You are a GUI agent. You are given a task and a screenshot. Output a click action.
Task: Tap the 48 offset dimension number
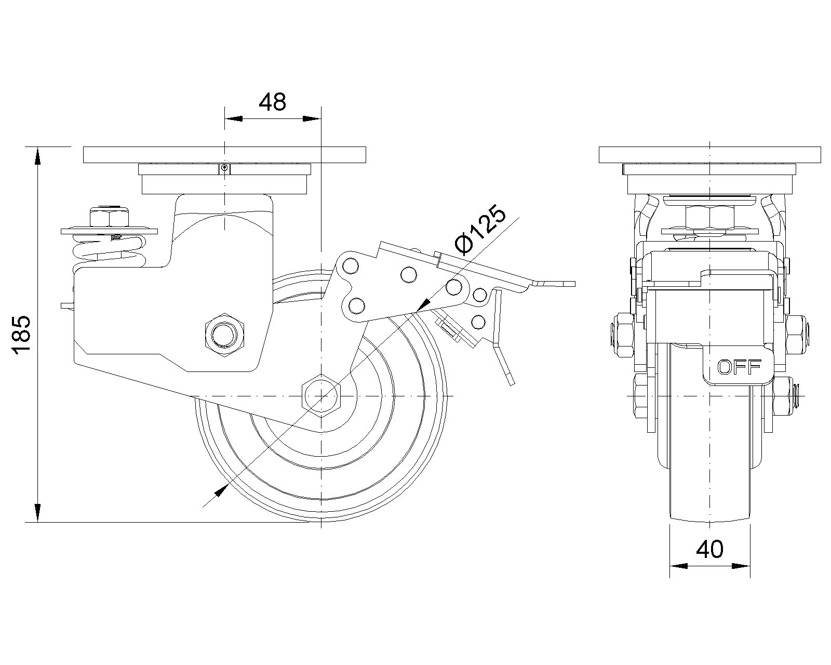272,102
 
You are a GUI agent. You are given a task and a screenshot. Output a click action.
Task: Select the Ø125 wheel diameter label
480,230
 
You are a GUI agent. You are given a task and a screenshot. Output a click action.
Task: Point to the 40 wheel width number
710,549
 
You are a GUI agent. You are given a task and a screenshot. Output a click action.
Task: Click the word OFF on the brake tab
739,367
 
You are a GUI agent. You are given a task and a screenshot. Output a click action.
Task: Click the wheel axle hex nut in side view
321,395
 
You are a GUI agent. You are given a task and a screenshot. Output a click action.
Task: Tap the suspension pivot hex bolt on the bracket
224,335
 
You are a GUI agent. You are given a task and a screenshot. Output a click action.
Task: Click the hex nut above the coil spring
109,217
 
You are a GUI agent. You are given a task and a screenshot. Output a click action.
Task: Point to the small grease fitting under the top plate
224,169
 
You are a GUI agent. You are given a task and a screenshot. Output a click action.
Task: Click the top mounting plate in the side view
224,155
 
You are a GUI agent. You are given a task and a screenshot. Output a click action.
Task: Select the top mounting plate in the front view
710,155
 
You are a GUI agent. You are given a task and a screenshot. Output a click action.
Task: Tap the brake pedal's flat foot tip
555,284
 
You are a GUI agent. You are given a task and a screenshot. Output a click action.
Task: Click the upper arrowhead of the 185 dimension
37,156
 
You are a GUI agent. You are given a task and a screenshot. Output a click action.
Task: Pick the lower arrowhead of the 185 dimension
37,513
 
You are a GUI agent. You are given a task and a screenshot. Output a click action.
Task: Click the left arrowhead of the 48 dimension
234,118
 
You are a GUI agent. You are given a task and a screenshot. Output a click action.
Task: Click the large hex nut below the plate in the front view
710,218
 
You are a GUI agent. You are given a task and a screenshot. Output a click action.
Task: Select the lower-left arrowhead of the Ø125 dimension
220,491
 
